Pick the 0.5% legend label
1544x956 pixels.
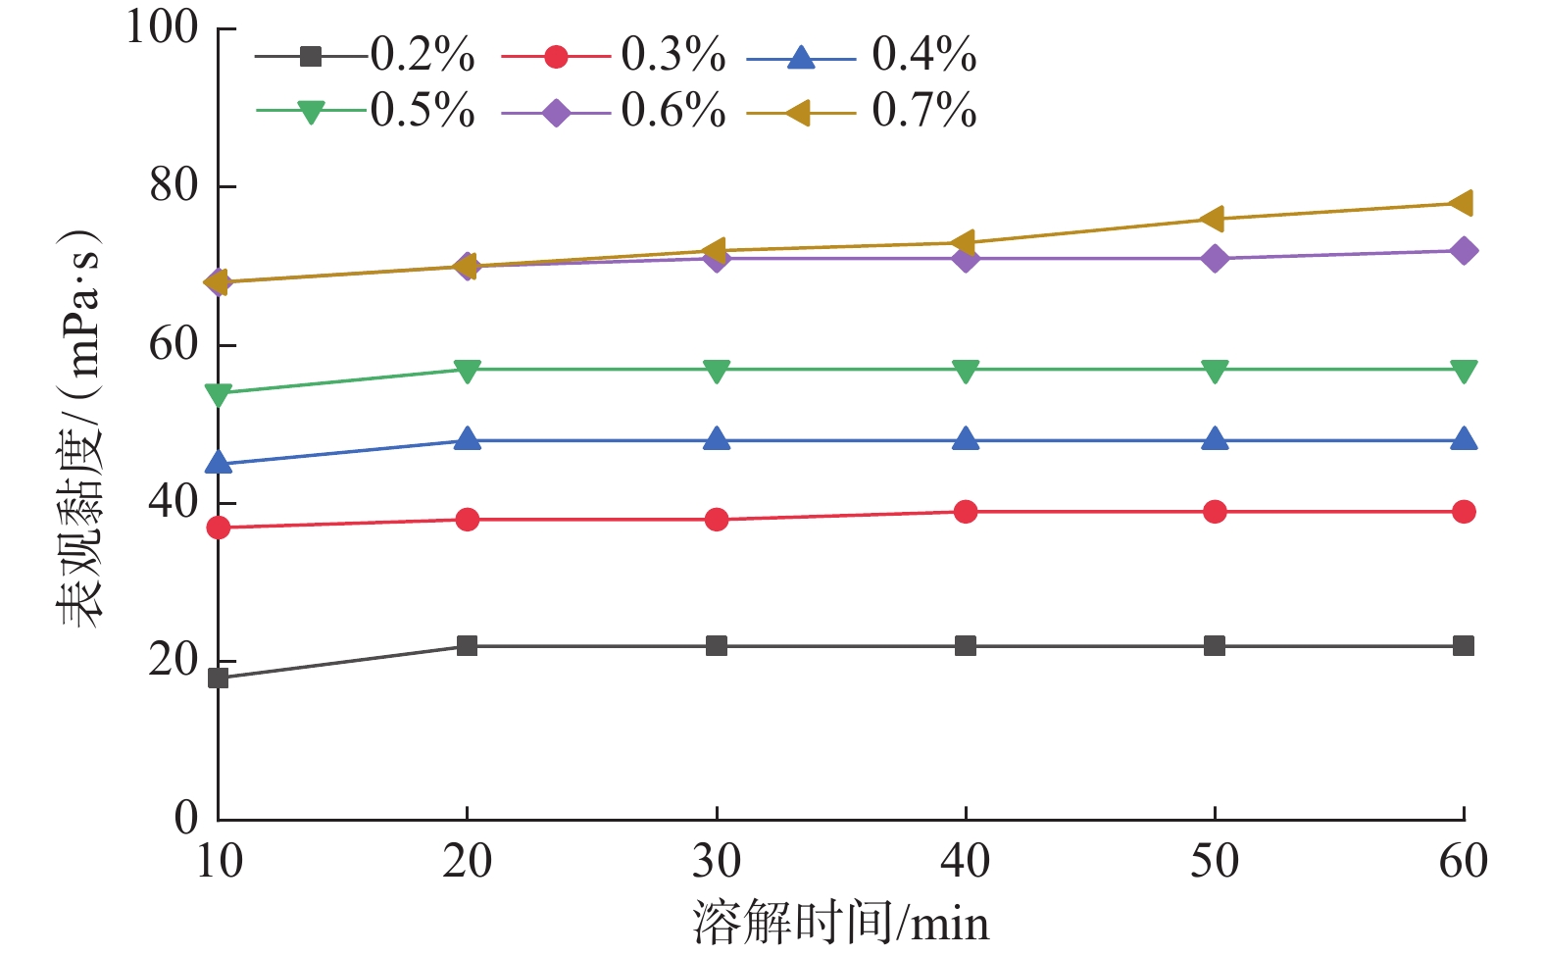422,112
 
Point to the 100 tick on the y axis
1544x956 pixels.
163,27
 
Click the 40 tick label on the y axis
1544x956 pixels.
174,502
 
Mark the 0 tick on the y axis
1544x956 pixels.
186,818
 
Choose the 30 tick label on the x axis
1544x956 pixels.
717,862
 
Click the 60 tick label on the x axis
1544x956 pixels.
1464,862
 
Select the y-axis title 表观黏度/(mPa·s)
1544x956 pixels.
78,428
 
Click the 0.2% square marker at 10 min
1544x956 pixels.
218,678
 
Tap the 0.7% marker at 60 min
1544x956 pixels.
1463,204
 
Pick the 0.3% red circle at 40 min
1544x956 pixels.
966,511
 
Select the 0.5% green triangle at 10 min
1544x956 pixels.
218,394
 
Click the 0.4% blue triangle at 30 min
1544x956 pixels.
717,439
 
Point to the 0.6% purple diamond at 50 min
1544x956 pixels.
1215,259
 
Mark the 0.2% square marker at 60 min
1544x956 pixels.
1464,645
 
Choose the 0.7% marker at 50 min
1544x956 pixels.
1214,220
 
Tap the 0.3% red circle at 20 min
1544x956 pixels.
468,519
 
